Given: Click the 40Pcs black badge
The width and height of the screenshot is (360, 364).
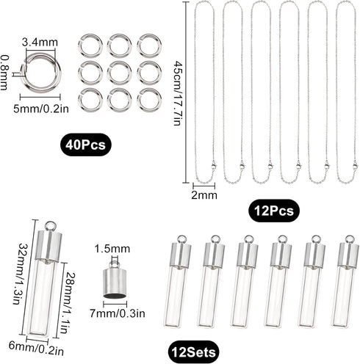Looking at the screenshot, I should [84, 145].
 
